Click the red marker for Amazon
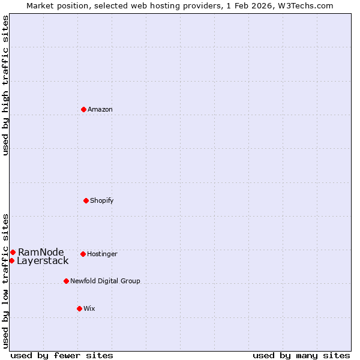click(x=83, y=109)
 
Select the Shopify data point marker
click(x=86, y=200)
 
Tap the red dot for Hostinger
click(x=83, y=254)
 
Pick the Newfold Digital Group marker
click(x=66, y=281)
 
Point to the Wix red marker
click(x=79, y=308)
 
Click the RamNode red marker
click(x=13, y=252)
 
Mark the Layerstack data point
click(x=11, y=260)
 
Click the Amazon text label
click(x=100, y=109)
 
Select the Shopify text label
click(x=102, y=200)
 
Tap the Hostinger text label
click(x=102, y=254)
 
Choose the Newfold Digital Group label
click(x=105, y=281)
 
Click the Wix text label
click(x=89, y=308)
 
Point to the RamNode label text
click(x=41, y=252)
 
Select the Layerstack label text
click(x=43, y=260)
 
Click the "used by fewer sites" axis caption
click(x=62, y=355)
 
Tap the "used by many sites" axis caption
click(x=301, y=355)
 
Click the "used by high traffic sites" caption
click(x=6, y=85)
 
